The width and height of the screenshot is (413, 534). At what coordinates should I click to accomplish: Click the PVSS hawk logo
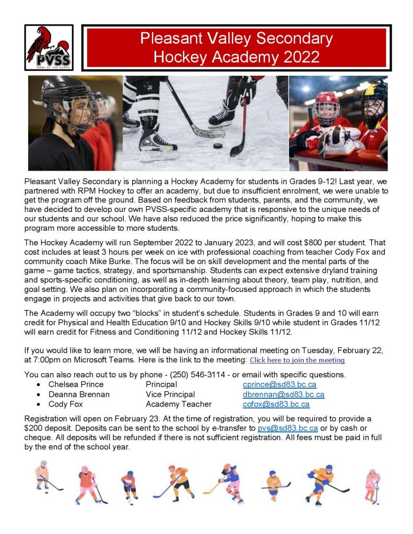click(x=49, y=48)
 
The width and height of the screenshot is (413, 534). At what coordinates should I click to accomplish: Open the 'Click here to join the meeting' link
click(x=297, y=360)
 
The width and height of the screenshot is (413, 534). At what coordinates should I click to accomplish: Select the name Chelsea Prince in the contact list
click(x=76, y=384)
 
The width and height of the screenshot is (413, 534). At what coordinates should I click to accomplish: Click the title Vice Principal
click(x=170, y=394)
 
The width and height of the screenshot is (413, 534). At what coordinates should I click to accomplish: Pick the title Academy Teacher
click(x=179, y=404)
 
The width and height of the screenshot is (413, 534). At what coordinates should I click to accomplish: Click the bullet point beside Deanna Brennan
click(x=39, y=395)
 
